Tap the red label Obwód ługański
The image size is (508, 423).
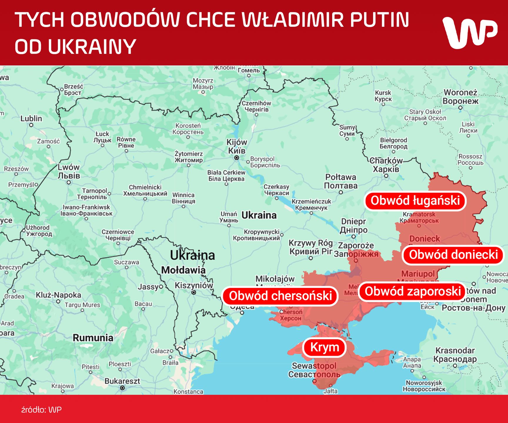(415, 201)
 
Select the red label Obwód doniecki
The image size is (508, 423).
(453, 255)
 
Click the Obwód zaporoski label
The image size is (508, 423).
(412, 291)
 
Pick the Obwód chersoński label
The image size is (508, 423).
(280, 296)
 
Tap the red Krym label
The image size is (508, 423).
(325, 347)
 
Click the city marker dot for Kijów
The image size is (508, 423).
(236, 158)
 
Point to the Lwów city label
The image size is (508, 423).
(68, 171)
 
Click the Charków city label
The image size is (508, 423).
(386, 165)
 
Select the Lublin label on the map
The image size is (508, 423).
(31, 118)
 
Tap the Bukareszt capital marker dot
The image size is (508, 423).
(123, 388)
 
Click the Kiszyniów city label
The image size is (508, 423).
(194, 285)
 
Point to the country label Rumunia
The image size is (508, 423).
(93, 338)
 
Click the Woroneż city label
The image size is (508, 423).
(460, 97)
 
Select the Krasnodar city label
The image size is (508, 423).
(455, 355)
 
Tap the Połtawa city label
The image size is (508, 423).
(340, 181)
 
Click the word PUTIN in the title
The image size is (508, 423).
(380, 20)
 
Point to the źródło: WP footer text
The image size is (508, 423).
(41, 410)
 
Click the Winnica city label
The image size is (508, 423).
(183, 198)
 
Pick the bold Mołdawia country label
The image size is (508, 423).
(183, 270)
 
